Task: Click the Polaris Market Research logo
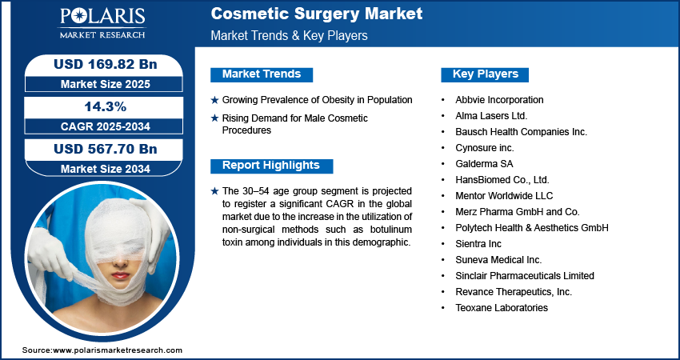(102, 22)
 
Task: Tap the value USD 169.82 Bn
(106, 64)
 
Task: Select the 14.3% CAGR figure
(106, 106)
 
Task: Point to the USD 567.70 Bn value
(106, 149)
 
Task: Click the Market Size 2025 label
(106, 84)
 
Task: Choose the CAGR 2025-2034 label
(106, 126)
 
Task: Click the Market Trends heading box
(262, 74)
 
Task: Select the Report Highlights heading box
(271, 166)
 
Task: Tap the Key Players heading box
(485, 74)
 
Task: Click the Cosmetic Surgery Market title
(317, 14)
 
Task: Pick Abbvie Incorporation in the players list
(499, 100)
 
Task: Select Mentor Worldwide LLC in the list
(504, 196)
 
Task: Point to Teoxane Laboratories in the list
(502, 308)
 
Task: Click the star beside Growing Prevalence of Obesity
(214, 100)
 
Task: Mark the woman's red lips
(120, 275)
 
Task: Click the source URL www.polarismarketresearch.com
(118, 350)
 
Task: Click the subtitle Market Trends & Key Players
(290, 35)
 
